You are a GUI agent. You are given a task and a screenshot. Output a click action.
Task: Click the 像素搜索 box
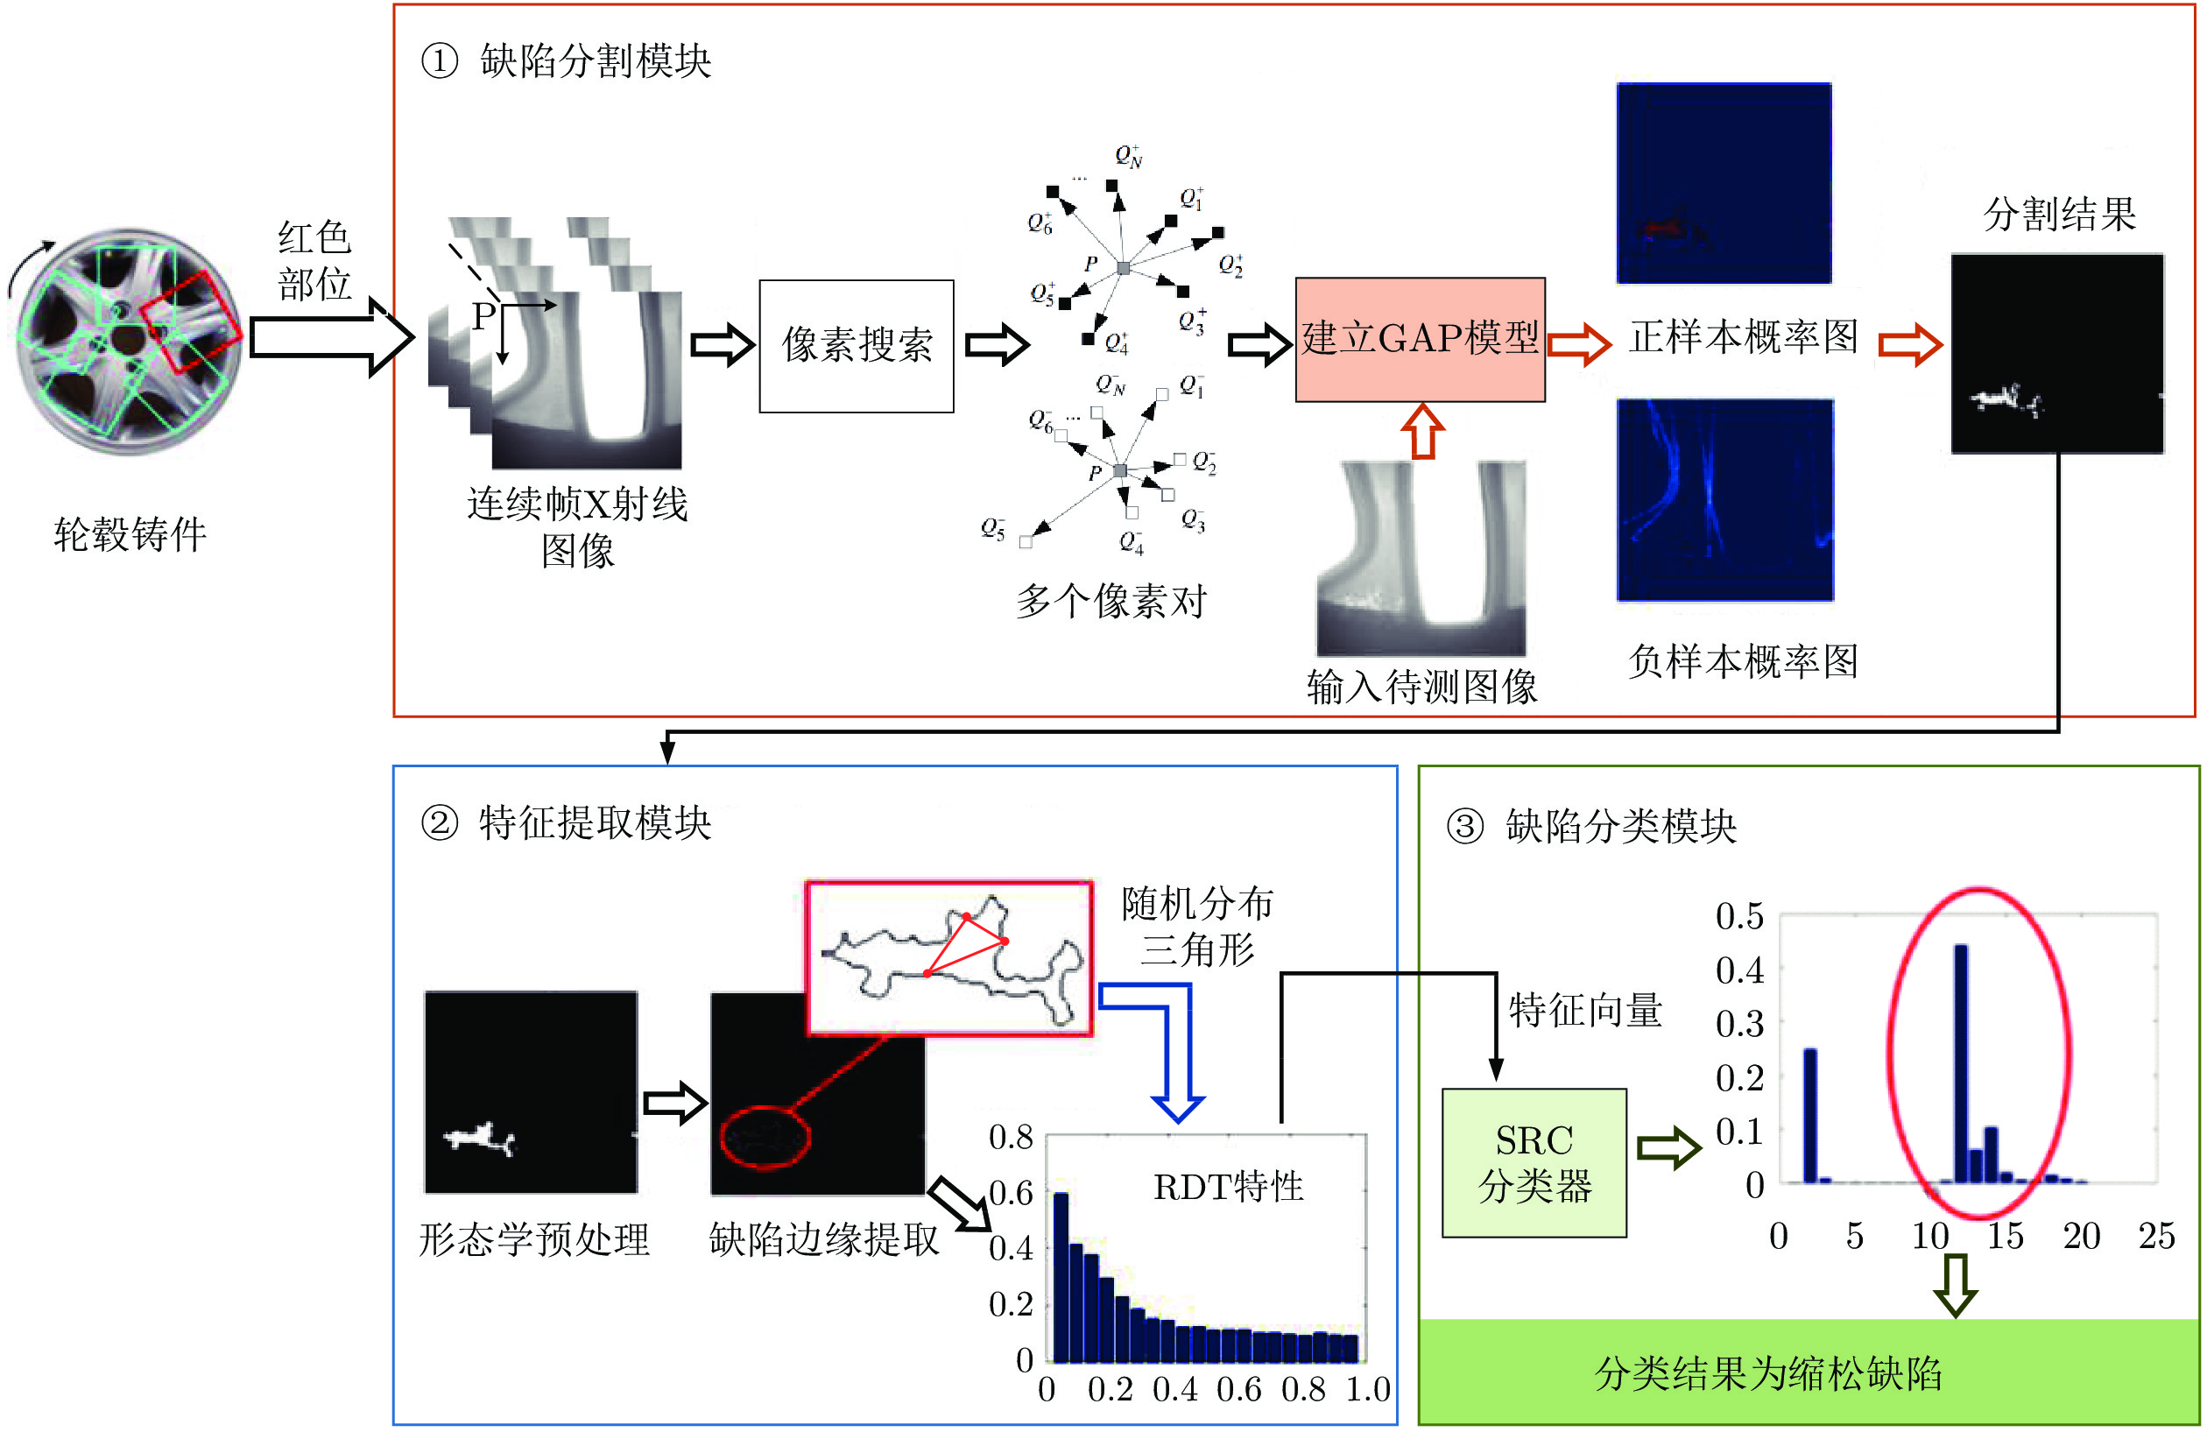pos(856,345)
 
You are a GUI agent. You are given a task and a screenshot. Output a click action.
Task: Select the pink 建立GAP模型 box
pos(1420,339)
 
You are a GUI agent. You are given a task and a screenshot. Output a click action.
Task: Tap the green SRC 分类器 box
pos(1534,1162)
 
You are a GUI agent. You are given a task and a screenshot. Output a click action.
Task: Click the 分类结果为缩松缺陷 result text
pos(1767,1372)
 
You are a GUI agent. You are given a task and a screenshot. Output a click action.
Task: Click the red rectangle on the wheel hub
pos(192,321)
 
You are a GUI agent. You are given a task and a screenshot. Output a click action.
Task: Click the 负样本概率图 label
pos(1744,661)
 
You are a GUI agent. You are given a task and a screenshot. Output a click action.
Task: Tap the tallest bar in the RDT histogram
pos(1061,1277)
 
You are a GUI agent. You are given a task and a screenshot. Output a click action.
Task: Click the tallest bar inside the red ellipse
pos(1960,1064)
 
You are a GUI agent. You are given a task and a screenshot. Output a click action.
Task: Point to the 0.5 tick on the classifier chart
pos(1738,915)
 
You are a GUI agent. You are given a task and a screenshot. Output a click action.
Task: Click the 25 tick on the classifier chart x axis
pos(2156,1236)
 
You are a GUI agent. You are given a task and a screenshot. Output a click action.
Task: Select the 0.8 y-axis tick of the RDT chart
pos(1011,1136)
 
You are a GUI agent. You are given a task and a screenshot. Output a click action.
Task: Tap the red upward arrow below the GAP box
pos(1422,431)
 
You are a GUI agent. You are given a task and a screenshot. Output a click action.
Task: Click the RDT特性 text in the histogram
pos(1228,1186)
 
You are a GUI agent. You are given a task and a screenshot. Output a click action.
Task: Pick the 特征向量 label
pos(1585,1009)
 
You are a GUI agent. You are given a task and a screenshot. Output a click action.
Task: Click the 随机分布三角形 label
pos(1196,926)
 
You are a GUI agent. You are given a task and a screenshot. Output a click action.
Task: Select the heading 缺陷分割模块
pos(596,61)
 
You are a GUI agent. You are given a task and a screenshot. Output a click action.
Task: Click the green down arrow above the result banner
pos(1956,1286)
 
